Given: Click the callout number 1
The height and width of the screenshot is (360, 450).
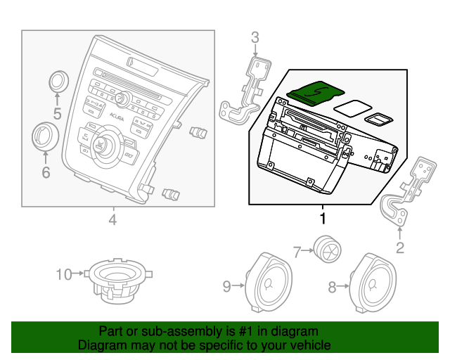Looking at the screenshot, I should click(x=323, y=219).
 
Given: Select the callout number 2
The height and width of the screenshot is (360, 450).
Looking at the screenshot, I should click(x=400, y=247).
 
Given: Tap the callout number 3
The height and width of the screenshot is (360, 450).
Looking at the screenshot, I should click(x=255, y=37).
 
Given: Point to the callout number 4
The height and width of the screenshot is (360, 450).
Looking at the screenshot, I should click(x=112, y=222).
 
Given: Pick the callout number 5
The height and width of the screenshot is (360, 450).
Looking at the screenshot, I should click(x=57, y=113).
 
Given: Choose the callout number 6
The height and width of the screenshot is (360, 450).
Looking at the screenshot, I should click(x=46, y=171).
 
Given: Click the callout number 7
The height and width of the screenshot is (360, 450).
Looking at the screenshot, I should click(x=297, y=250).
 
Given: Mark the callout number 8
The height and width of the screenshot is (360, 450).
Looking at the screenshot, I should click(x=332, y=286).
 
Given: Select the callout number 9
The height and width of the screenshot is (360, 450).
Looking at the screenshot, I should click(x=227, y=285).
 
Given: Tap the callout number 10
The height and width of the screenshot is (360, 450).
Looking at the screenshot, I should click(x=64, y=274).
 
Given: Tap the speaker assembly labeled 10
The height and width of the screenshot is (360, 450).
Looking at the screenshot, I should click(x=116, y=280).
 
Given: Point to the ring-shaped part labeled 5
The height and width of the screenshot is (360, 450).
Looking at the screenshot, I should click(x=58, y=82).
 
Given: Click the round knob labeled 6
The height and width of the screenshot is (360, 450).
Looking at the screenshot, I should click(x=46, y=136).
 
